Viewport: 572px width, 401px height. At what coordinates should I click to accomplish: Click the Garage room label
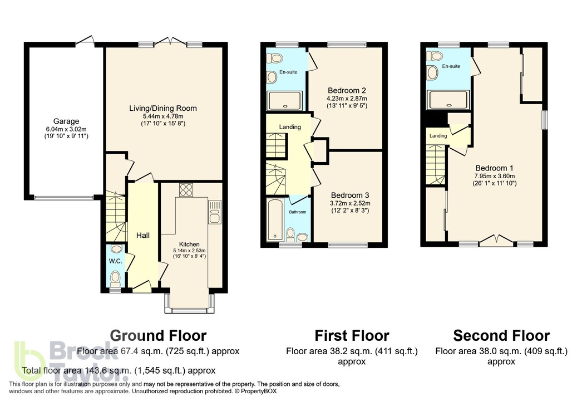pos(66,121)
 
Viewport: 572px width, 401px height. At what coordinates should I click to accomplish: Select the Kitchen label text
pos(189,244)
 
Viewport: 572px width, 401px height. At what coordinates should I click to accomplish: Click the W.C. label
pos(116,261)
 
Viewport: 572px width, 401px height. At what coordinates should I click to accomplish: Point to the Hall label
pos(143,236)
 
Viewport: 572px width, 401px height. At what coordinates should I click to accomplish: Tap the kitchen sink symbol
pos(214,212)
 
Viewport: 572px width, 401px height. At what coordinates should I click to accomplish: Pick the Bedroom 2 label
pos(347,90)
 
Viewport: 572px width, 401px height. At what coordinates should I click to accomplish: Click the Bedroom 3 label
pos(350,195)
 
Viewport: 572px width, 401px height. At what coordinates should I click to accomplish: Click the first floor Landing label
pos(290,127)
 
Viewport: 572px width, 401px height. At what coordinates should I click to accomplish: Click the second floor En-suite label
pos(451,66)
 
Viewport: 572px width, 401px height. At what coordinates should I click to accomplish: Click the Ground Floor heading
pos(158,336)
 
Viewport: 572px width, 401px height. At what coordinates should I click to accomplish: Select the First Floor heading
pos(352,336)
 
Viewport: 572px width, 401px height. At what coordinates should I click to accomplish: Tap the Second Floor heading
pos(501,336)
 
